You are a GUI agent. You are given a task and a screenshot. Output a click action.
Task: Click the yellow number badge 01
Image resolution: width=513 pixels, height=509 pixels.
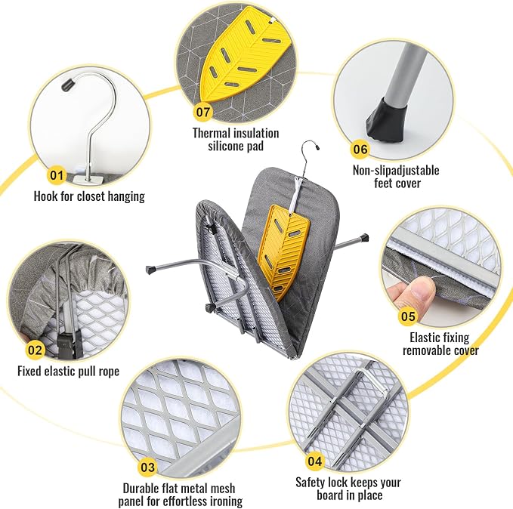(x=56, y=175)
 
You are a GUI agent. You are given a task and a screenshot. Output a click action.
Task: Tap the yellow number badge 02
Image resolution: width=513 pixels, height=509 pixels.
(x=35, y=350)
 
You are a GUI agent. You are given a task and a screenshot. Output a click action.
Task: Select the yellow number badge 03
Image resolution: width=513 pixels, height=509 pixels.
(x=147, y=467)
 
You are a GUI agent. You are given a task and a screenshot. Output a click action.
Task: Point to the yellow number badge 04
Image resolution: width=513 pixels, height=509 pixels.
(x=314, y=461)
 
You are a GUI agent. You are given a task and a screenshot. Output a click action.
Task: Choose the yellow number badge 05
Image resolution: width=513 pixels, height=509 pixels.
(x=408, y=316)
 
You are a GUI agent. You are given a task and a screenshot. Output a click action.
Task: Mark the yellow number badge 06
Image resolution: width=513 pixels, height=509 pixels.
(x=360, y=150)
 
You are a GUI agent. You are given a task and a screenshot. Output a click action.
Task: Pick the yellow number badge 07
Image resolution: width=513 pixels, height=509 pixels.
(x=202, y=112)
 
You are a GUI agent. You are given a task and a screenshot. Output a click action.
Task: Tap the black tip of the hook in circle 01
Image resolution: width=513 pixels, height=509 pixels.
(x=69, y=85)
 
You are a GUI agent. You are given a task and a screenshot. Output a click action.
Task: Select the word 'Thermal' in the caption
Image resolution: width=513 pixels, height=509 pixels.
(x=211, y=133)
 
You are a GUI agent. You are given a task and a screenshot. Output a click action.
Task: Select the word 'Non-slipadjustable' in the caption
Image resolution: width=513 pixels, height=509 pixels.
(x=396, y=171)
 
